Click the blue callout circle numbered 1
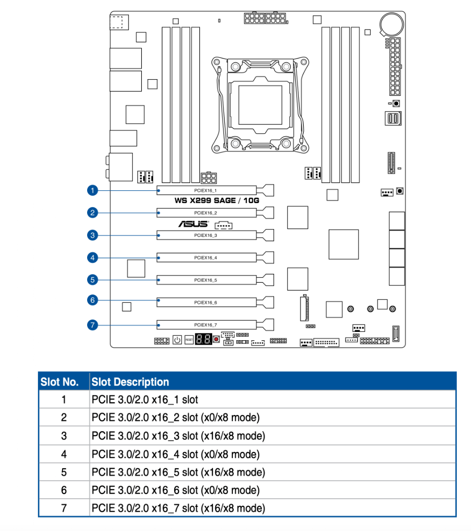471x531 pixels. (92, 190)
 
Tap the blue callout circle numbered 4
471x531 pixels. (92, 257)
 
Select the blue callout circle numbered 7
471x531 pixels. (92, 324)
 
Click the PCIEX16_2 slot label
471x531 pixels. (206, 213)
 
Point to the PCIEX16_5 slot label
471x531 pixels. (206, 280)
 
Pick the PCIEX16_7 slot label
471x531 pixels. (206, 325)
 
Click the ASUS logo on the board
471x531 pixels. (193, 224)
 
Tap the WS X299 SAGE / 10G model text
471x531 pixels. (217, 201)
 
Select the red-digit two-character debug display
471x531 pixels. (203, 339)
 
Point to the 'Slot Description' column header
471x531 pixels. (130, 382)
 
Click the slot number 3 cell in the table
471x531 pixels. (63, 436)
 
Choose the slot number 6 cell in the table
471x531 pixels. (63, 490)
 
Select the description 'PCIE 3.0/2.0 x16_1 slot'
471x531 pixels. (145, 400)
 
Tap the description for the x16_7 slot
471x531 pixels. (178, 508)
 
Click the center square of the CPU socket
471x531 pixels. (260, 104)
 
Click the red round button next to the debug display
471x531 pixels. (216, 340)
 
